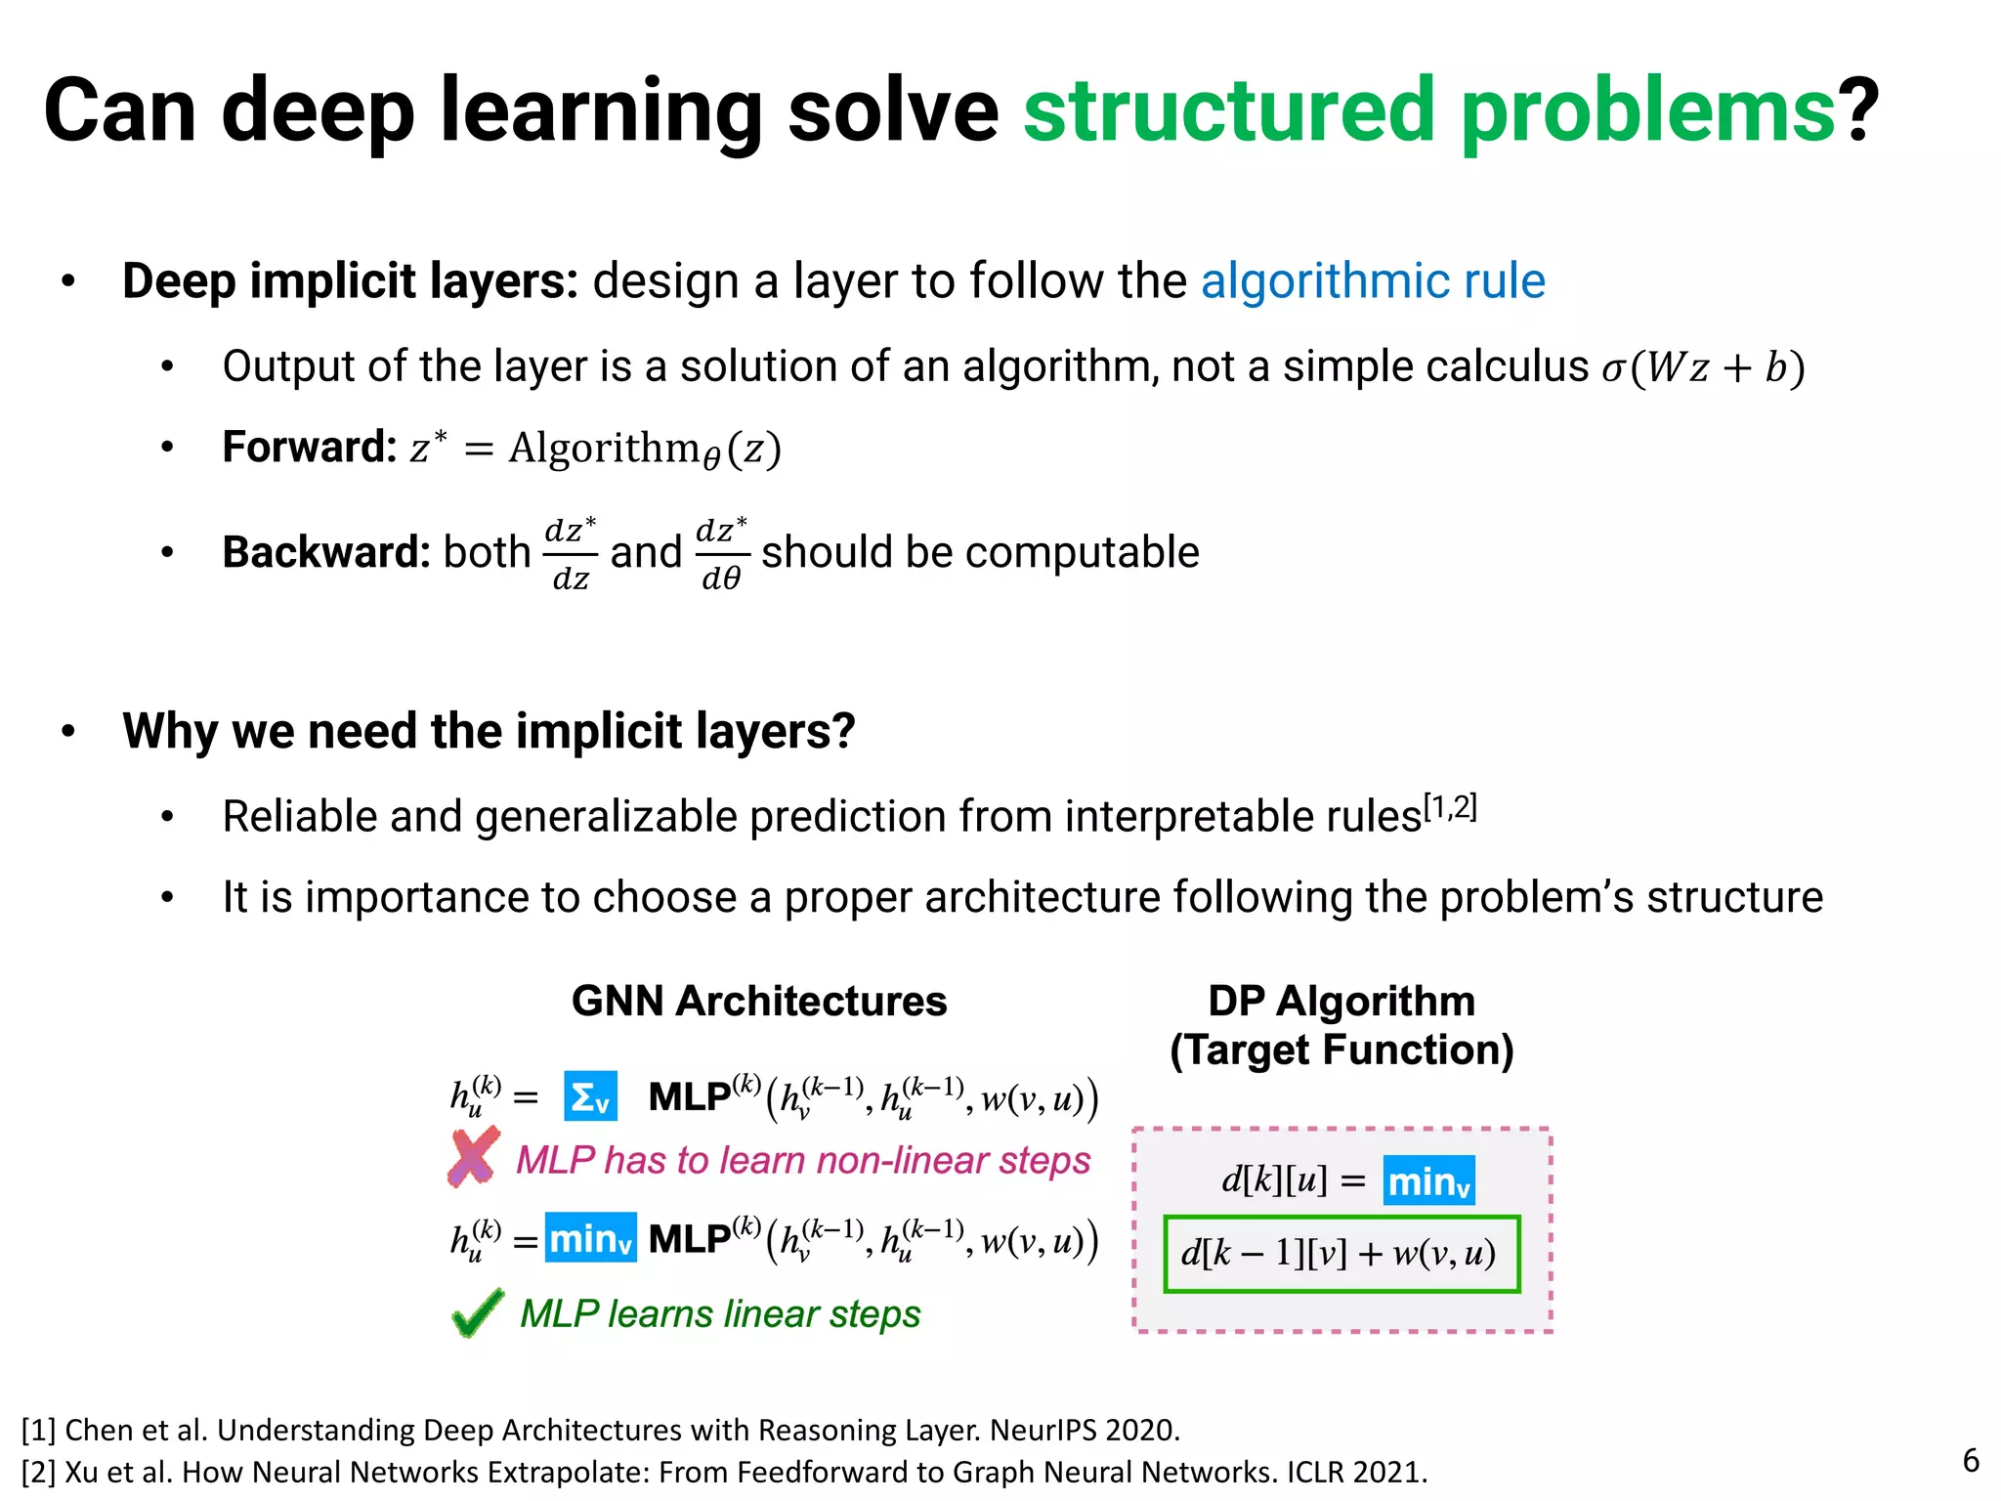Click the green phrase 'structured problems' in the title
click(1429, 110)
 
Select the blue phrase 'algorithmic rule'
click(1373, 281)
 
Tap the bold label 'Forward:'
click(309, 447)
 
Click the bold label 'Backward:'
click(326, 552)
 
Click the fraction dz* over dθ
click(722, 554)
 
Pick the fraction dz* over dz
click(571, 554)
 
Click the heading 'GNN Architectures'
click(759, 1001)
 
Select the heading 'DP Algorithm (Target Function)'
click(1341, 1025)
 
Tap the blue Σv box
click(590, 1096)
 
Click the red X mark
click(474, 1157)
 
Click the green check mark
click(478, 1312)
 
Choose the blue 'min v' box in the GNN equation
click(590, 1238)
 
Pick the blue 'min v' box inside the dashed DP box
click(1428, 1180)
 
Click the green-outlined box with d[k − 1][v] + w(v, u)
click(1341, 1254)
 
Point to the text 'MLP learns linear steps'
click(720, 1314)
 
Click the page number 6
click(1971, 1460)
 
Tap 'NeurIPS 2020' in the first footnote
click(1084, 1430)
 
